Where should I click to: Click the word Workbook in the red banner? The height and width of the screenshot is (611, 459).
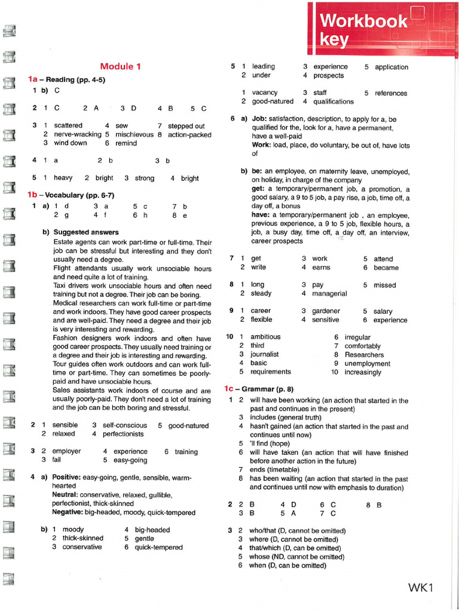tap(363, 21)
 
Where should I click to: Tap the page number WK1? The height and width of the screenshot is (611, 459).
tap(420, 588)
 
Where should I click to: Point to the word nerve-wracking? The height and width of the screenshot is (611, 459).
tap(78, 135)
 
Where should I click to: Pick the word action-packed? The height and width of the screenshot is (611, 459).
tap(189, 135)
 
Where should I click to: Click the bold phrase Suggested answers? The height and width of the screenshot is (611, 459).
tap(86, 232)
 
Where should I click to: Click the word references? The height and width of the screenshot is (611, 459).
tap(391, 93)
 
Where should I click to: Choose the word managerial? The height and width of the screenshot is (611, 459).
tap(330, 294)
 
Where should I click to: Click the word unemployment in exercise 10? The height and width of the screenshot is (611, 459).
tap(366, 363)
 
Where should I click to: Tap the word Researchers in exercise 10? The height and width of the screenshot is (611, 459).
tap(365, 354)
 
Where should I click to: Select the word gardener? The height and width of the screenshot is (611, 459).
tap(326, 311)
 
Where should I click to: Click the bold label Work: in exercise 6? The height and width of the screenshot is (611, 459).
tap(261, 145)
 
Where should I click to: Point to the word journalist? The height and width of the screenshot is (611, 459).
tap(265, 354)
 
